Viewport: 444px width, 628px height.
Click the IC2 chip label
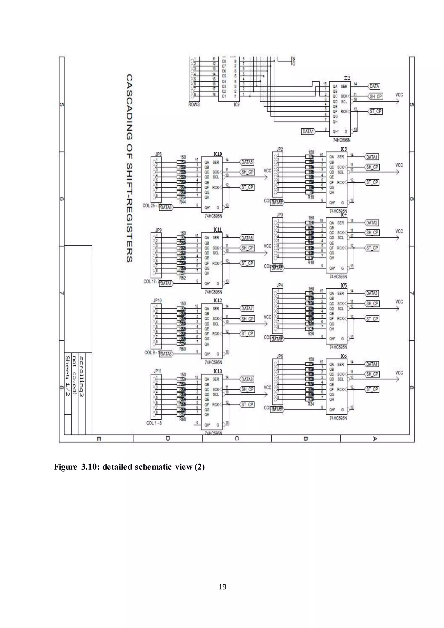pos(347,78)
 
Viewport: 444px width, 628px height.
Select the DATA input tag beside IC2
pos(374,86)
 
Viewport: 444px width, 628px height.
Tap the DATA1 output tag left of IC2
pos(308,132)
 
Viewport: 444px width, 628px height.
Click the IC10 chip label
pos(218,154)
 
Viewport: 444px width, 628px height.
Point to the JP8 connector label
pos(158,154)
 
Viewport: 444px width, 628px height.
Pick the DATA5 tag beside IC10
pos(247,162)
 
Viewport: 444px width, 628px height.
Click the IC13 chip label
pos(218,371)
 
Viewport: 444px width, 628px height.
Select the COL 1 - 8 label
pos(154,423)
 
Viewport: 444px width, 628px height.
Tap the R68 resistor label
pos(182,419)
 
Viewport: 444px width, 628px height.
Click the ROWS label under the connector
pos(194,105)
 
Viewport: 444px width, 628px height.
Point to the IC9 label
pos(237,105)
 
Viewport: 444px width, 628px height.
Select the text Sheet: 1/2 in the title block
pos(67,376)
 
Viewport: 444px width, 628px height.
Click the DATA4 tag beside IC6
pos(372,364)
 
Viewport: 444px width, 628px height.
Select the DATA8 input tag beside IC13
pos(247,379)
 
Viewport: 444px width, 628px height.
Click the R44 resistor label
pos(182,202)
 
